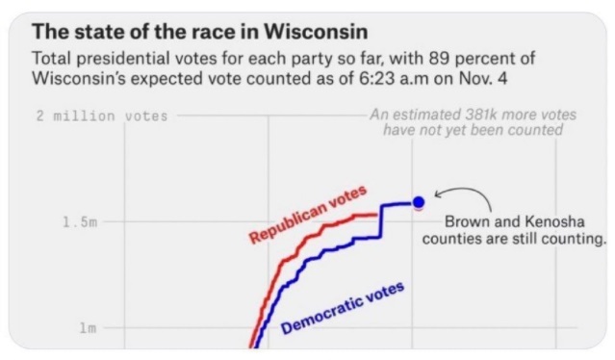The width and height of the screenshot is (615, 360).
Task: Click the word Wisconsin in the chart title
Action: [x=316, y=32]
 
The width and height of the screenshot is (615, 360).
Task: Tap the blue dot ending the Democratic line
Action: [x=419, y=202]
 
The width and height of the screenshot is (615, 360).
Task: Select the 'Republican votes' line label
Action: [x=308, y=214]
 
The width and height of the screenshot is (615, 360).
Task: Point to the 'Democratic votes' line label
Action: [x=343, y=308]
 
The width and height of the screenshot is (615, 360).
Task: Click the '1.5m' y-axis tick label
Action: [x=80, y=222]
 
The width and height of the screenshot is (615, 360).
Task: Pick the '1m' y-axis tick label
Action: [x=88, y=328]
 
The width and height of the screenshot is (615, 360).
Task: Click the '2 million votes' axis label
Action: [x=102, y=116]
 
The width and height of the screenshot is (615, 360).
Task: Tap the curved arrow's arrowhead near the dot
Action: [x=438, y=193]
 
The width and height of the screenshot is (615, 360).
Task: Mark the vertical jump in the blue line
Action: [x=381, y=220]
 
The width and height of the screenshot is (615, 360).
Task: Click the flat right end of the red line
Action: [x=375, y=215]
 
